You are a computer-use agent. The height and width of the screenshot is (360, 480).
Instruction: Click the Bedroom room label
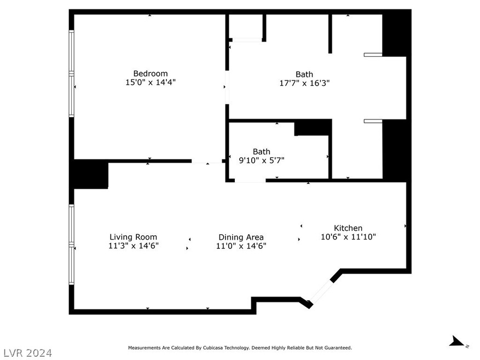point(151,74)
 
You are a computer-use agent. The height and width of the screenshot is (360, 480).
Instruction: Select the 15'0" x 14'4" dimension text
point(151,83)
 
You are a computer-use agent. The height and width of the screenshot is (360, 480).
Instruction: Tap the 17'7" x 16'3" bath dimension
point(304,83)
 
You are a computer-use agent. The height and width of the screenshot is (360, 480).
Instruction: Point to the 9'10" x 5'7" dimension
point(262,160)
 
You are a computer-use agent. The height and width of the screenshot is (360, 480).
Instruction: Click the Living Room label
point(133,237)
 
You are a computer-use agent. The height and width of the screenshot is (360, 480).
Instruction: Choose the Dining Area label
point(241,237)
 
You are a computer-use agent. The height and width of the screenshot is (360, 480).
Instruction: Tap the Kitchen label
point(348,228)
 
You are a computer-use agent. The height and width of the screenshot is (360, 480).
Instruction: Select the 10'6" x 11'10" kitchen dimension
point(348,237)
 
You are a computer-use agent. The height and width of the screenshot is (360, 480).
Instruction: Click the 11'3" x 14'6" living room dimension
point(133,246)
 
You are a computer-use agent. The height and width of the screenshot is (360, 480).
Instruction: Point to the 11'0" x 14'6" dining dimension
point(241,246)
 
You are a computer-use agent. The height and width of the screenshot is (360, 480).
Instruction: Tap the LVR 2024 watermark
point(26,353)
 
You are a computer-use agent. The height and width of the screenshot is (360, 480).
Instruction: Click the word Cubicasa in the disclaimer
point(213,348)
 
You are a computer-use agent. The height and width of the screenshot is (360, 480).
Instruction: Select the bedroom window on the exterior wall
point(71,73)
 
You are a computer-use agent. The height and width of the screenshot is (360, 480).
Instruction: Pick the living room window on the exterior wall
point(71,245)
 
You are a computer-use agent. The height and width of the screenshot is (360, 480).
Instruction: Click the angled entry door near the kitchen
point(321,292)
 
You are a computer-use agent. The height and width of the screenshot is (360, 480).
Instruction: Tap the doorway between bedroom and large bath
point(227,87)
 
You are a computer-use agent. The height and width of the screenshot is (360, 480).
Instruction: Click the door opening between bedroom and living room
point(207,161)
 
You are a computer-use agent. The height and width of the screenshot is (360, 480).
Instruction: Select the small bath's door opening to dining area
point(250,181)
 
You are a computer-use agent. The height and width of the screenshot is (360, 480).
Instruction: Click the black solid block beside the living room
point(91,174)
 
